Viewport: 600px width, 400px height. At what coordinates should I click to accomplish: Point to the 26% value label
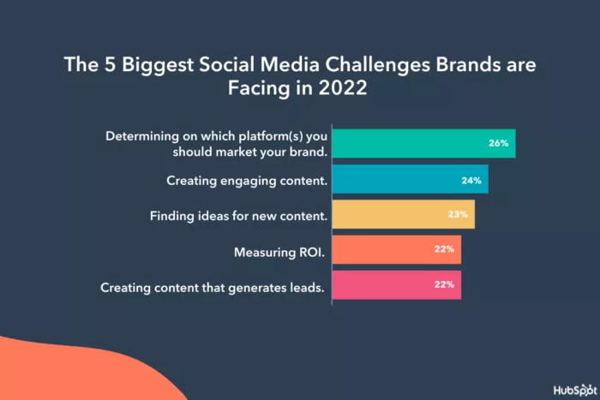[x=499, y=143]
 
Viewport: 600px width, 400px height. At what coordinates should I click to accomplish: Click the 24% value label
[x=471, y=180]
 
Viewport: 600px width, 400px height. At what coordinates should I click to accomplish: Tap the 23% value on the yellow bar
[x=458, y=215]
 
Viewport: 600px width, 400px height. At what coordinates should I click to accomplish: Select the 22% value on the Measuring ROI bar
[x=444, y=250]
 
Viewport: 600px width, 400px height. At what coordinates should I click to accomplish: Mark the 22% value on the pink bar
[x=444, y=286]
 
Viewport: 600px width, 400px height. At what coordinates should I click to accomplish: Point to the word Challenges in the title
[x=380, y=65]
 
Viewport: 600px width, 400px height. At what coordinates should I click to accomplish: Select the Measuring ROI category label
[x=280, y=253]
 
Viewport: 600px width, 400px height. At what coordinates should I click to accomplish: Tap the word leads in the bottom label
[x=307, y=288]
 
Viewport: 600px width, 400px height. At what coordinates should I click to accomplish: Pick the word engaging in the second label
[x=245, y=182]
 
